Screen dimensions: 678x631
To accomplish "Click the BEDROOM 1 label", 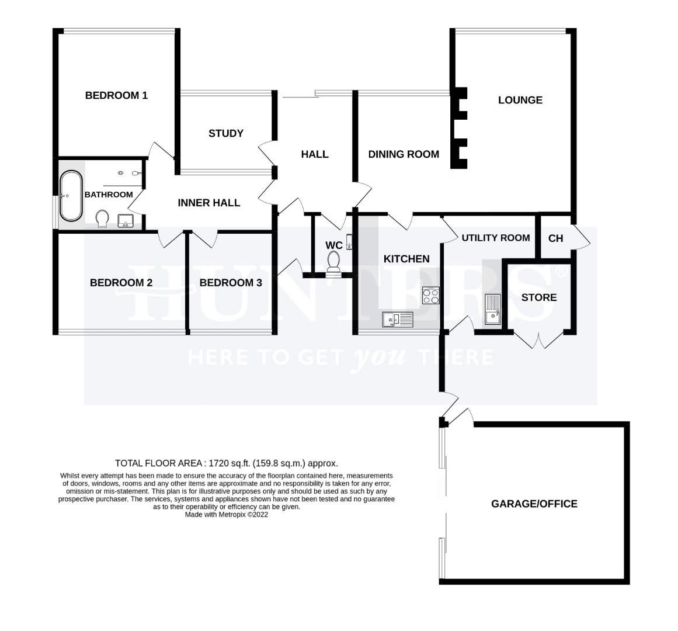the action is [x=116, y=95].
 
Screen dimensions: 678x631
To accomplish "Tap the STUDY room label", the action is [x=226, y=133].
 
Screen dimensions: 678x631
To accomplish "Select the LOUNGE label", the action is [x=520, y=100].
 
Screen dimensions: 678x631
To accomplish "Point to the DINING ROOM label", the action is [x=404, y=154].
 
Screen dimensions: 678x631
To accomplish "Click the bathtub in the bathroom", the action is [x=71, y=196].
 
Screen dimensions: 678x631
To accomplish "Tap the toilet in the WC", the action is [x=333, y=262].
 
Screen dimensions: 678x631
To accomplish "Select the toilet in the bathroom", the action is [x=102, y=219].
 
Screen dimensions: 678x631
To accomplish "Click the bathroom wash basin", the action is [x=126, y=221].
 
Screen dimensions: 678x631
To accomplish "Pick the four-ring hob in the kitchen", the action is [x=430, y=296].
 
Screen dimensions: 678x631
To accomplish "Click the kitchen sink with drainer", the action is [x=398, y=320].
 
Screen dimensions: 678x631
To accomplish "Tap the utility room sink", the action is [x=492, y=309].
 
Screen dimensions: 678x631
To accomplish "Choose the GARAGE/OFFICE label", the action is [x=534, y=504].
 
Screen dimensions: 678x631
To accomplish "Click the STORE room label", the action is [x=539, y=297].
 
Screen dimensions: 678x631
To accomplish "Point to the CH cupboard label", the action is [x=555, y=238].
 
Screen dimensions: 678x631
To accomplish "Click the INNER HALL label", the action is [x=209, y=203].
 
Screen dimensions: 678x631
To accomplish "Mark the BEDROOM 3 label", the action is [x=231, y=283].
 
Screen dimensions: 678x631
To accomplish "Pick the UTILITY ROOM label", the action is [x=496, y=238].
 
